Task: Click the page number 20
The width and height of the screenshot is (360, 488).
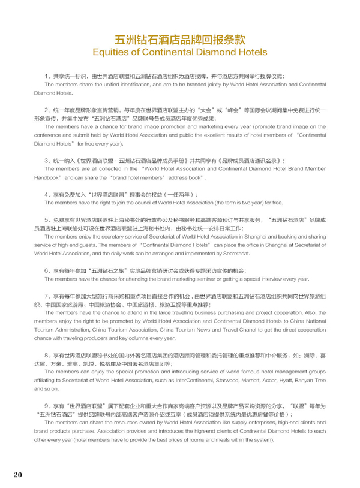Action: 17,475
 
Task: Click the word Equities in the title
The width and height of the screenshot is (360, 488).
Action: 112,52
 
